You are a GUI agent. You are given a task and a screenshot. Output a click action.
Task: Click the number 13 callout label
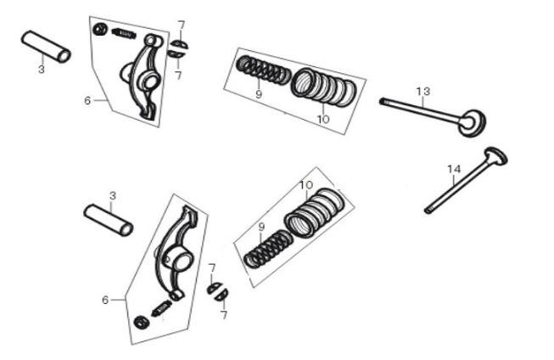(x=422, y=92)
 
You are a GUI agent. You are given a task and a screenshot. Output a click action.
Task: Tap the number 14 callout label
(x=454, y=170)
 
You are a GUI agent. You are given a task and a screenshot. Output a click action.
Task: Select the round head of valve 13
(x=472, y=123)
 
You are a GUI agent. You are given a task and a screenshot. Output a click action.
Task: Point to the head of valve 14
(x=496, y=156)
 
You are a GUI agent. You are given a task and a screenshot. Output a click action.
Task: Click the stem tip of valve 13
(x=382, y=101)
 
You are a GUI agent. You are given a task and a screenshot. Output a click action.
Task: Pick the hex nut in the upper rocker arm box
(x=100, y=29)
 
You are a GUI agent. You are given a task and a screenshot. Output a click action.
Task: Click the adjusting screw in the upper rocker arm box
(x=124, y=33)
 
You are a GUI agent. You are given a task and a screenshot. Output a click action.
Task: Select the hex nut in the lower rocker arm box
(x=142, y=322)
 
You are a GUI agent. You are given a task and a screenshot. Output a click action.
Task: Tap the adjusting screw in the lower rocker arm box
(x=161, y=307)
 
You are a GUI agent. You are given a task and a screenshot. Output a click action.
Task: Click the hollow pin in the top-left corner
(x=46, y=47)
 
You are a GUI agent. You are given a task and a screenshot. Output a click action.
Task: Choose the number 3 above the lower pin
(x=113, y=195)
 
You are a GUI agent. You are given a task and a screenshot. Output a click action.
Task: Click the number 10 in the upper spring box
(x=323, y=120)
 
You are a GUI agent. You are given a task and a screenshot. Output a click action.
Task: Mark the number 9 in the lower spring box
(x=261, y=227)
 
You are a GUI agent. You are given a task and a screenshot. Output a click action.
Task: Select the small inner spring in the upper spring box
(x=264, y=70)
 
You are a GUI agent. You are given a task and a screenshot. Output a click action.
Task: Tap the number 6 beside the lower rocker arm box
(x=105, y=301)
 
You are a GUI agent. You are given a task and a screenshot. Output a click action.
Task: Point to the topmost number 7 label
(x=182, y=25)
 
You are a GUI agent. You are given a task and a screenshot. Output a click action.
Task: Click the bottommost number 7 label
(x=224, y=315)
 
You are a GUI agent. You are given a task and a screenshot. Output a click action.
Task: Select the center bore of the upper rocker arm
(x=151, y=82)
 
